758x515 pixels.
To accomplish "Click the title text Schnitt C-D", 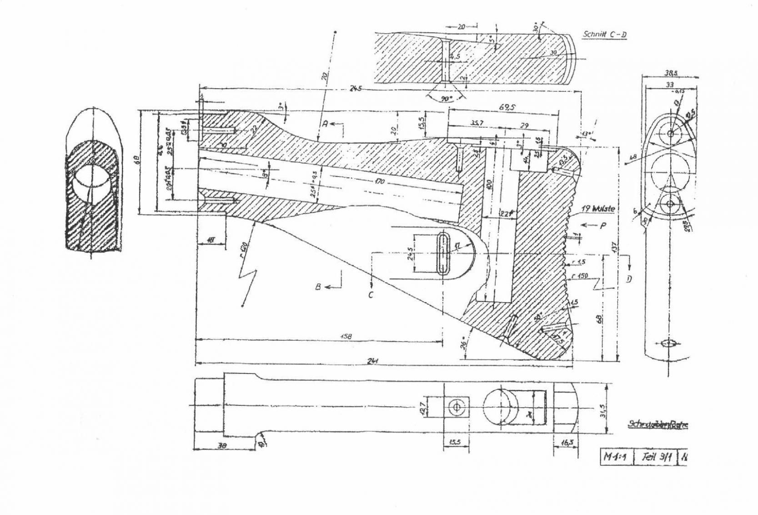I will pos(605,34).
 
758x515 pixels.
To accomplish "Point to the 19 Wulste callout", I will pos(597,209).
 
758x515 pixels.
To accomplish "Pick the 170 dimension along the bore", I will pos(380,182).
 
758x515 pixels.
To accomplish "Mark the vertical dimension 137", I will pos(615,248).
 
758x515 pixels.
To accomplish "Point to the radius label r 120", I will pos(244,250).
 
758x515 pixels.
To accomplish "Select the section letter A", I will pos(325,123).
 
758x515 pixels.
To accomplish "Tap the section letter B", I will pos(319,287).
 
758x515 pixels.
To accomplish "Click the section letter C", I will pos(371,295).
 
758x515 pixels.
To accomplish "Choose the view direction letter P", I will pos(603,225).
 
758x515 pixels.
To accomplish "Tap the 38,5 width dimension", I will pos(670,73).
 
